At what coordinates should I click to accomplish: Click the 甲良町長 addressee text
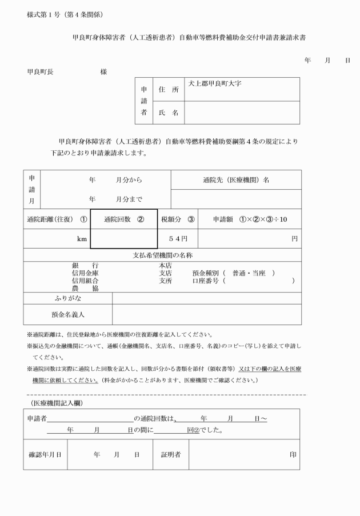(41, 71)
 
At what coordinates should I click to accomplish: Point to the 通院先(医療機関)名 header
(236, 179)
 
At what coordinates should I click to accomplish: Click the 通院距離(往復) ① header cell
(57, 218)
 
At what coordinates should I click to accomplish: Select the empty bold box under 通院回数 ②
(123, 239)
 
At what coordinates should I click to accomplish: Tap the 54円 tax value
(178, 238)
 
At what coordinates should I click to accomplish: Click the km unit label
(82, 239)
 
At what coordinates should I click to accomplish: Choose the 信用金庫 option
(85, 273)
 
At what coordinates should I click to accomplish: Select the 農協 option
(85, 289)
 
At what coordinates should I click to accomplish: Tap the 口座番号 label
(206, 281)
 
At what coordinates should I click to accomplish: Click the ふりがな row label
(67, 298)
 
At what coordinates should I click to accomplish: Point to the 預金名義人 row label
(67, 314)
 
